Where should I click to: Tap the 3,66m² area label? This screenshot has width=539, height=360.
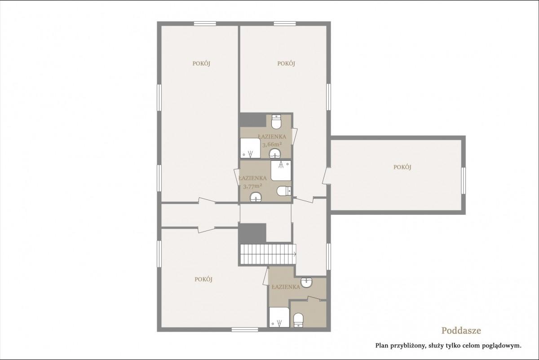click(x=272, y=144)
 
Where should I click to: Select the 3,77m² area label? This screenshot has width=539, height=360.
click(x=252, y=186)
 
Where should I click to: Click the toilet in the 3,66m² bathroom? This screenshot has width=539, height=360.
click(x=276, y=122)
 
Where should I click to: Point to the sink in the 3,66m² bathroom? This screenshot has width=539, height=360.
click(x=275, y=153)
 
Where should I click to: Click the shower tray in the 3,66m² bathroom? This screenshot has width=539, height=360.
click(x=250, y=148)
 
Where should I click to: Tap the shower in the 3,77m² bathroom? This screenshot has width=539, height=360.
click(x=281, y=170)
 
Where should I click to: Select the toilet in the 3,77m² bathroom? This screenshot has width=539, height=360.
click(x=284, y=191)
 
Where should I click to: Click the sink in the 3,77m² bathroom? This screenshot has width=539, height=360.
click(x=256, y=197)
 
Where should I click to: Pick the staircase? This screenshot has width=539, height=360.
click(x=268, y=254)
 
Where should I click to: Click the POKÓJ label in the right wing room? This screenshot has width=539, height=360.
click(x=402, y=167)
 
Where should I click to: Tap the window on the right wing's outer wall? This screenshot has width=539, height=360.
click(x=463, y=181)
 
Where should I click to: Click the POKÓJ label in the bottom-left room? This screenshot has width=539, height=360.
click(x=203, y=280)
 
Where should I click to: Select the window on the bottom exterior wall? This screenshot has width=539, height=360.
click(x=245, y=329)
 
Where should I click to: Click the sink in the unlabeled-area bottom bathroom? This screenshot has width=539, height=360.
click(x=306, y=282)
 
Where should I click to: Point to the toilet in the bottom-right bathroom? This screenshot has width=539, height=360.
click(x=298, y=320)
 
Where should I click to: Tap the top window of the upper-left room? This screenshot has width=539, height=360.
click(x=205, y=23)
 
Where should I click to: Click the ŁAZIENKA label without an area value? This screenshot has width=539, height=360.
click(x=286, y=287)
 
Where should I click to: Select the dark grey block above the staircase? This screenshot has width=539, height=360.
click(x=252, y=233)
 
